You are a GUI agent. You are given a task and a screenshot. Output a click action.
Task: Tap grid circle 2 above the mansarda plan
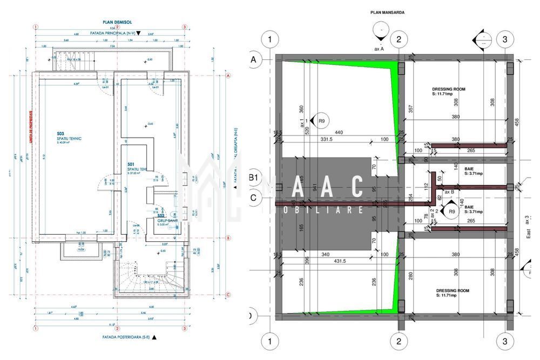click(399, 39)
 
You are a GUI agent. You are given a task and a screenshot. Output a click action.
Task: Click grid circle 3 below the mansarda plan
click(504, 341)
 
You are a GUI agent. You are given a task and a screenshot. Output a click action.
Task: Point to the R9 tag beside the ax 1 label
click(321, 121)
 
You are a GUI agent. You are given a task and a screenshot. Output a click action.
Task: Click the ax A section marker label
click(379, 48)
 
